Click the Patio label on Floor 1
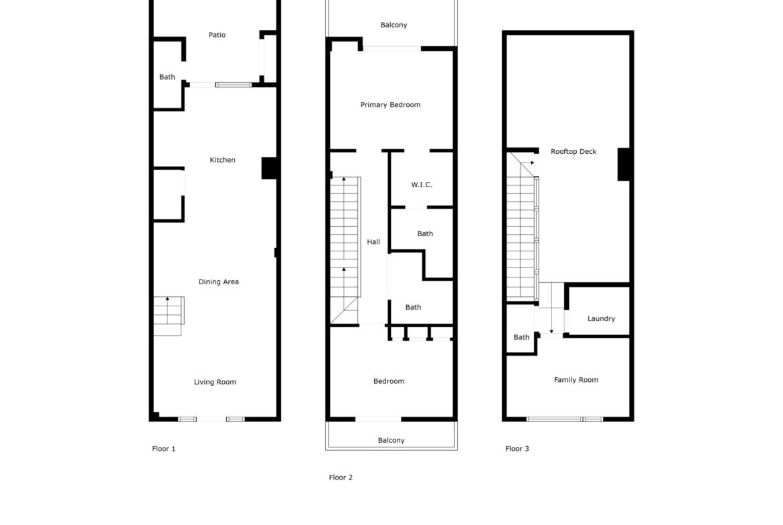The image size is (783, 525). tap(217, 35)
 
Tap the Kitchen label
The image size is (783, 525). tap(222, 160)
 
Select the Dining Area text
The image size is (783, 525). tap(219, 282)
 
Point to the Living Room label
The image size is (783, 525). tap(215, 383)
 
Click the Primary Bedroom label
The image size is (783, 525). tap(391, 105)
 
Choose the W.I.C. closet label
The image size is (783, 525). tap(422, 185)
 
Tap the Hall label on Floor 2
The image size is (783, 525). tap(373, 242)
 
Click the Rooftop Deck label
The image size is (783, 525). tap(574, 152)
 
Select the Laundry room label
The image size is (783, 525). tap(601, 318)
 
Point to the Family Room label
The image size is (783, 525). tap(576, 380)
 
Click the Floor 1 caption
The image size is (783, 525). tap(164, 449)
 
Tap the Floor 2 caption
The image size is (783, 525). tap(341, 478)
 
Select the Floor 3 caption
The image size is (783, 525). tap(517, 449)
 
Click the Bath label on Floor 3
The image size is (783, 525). tap(521, 337)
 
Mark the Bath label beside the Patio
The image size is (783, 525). tap(167, 77)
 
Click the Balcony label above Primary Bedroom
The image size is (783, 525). tap(394, 25)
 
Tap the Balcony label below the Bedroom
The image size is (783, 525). tap(391, 440)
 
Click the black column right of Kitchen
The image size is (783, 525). tap(269, 168)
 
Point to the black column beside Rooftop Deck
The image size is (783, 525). tap(624, 164)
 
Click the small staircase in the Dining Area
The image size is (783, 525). tap(168, 316)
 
